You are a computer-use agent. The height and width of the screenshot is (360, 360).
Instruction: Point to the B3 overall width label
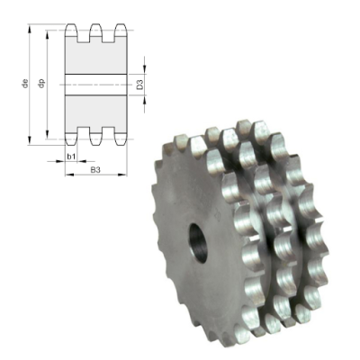tap(94, 168)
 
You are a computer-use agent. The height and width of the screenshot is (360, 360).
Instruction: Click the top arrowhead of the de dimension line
tap(32, 28)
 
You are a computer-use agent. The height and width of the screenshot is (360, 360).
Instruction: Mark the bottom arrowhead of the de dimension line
tap(32, 140)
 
